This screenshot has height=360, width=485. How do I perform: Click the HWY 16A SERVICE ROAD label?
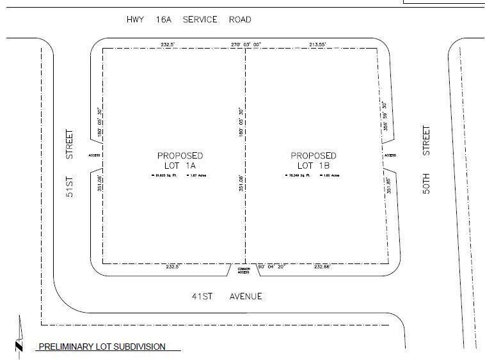189,20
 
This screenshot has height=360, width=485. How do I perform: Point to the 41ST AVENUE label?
227,296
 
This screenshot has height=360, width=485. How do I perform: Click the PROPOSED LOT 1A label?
180,160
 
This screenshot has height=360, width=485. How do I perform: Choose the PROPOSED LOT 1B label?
314,160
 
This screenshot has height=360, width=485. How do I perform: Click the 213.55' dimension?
317,45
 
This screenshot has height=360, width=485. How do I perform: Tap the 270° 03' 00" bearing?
246,45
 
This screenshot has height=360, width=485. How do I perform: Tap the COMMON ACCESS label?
244,270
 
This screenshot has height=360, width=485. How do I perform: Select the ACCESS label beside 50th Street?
390,155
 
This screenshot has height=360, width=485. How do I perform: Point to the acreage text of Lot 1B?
331,175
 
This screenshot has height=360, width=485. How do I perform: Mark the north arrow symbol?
19,336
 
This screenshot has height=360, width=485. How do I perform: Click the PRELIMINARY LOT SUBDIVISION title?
102,347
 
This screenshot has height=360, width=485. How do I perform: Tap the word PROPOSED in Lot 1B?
314,155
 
